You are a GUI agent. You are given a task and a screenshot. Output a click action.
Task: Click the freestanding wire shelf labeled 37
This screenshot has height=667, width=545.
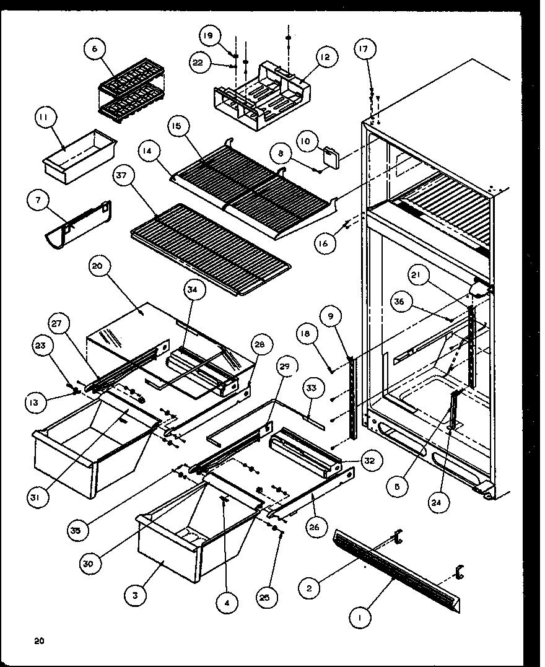pyautogui.click(x=211, y=248)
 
